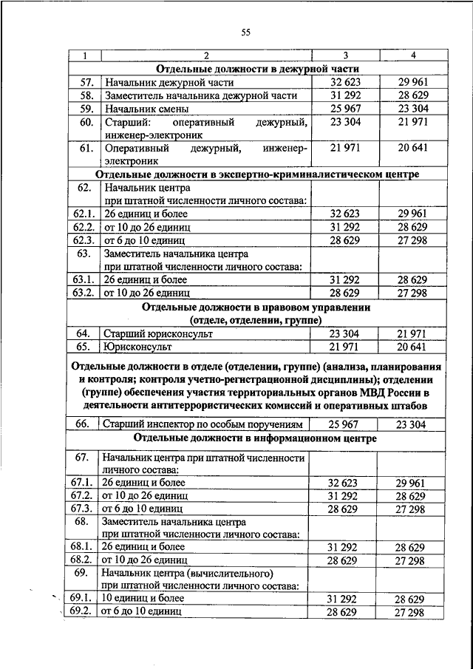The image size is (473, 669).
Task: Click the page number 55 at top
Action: tap(247, 32)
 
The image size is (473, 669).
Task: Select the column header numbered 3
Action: tap(344, 56)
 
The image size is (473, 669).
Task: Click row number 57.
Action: tap(85, 82)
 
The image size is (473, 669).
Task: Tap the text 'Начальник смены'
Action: tap(143, 109)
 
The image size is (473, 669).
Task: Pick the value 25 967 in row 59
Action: tap(344, 109)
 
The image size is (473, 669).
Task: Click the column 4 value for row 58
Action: tap(413, 95)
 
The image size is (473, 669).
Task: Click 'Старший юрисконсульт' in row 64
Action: tap(158, 334)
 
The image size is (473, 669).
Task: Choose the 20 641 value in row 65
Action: tap(413, 347)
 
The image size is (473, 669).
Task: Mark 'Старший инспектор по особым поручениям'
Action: tap(203, 424)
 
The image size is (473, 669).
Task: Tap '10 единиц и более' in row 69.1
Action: tap(146, 598)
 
